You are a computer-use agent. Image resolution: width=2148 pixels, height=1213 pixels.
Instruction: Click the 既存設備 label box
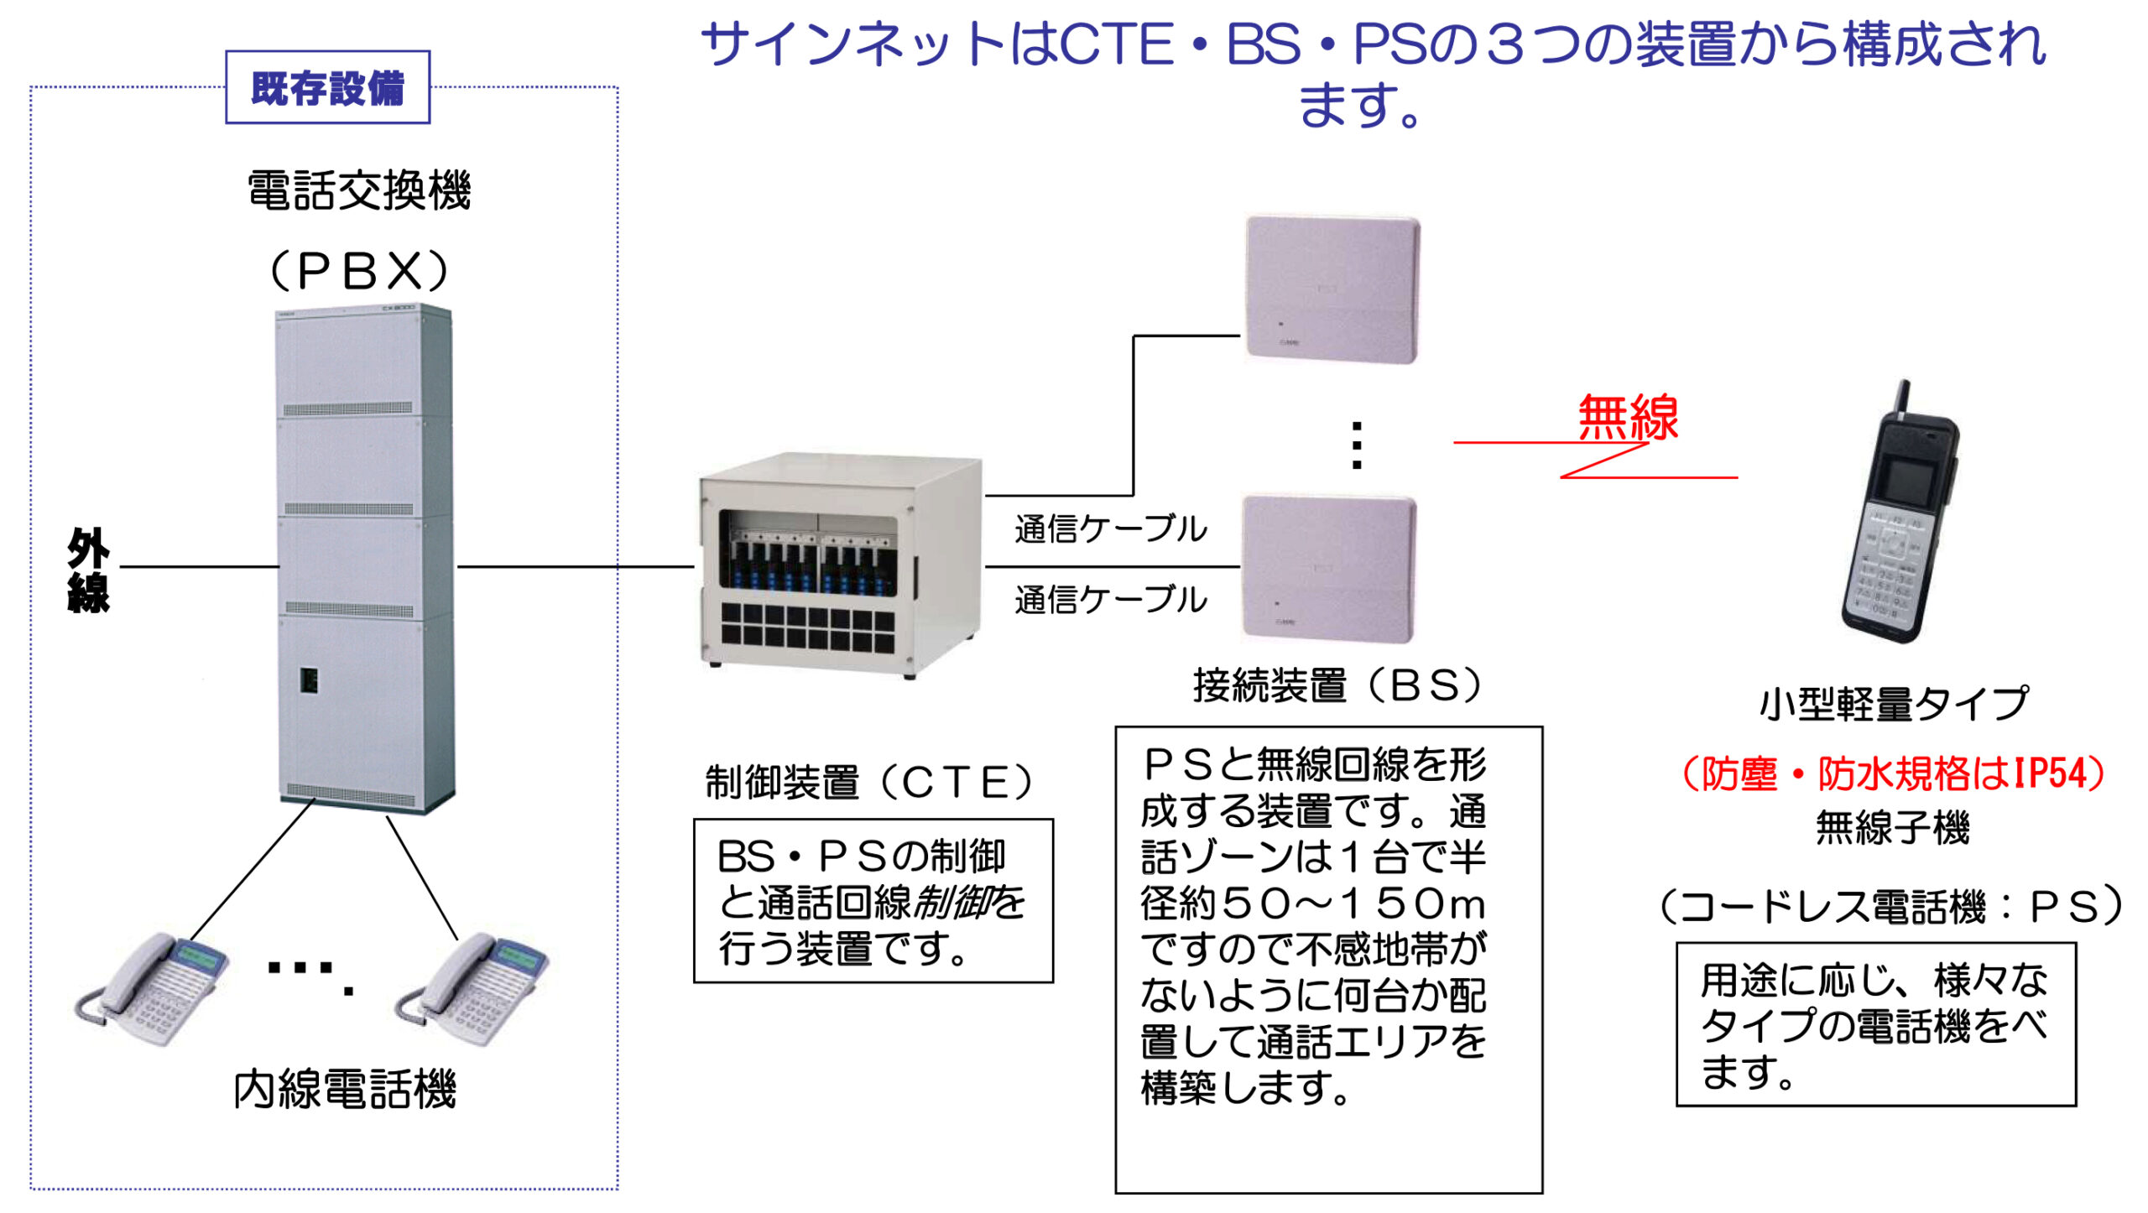327,87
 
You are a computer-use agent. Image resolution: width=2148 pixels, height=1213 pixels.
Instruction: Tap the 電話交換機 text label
359,190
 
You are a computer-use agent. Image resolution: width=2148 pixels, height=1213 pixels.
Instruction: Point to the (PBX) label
359,270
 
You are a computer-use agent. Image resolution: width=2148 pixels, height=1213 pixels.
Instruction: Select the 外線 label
88,570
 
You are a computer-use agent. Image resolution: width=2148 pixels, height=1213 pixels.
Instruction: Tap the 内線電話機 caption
344,1089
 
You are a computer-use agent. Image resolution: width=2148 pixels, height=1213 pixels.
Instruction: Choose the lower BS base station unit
1328,569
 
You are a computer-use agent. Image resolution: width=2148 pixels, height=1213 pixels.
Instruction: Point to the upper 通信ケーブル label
1111,528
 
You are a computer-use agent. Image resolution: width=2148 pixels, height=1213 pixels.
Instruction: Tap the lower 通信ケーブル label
1111,600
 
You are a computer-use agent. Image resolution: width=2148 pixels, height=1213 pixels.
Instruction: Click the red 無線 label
1628,418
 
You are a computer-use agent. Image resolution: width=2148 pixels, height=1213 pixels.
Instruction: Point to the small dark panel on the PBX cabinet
309,679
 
